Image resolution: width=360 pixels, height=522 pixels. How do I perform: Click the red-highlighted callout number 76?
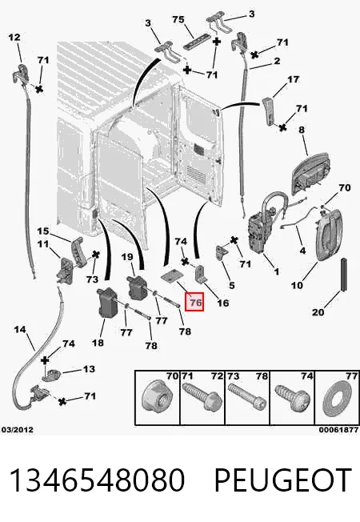(x=194, y=302)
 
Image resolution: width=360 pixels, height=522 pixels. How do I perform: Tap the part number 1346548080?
(x=97, y=480)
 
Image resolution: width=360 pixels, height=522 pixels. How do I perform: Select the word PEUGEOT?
(x=283, y=480)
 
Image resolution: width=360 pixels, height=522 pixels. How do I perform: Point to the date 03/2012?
(x=18, y=430)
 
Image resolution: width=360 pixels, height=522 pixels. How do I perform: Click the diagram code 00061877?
(x=338, y=430)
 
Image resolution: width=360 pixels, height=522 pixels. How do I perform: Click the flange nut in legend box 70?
(x=157, y=398)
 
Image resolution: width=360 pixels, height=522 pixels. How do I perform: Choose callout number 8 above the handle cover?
(x=302, y=129)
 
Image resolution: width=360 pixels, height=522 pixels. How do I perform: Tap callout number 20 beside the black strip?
(x=318, y=312)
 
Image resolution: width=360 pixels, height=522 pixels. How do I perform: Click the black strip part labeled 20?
(x=343, y=274)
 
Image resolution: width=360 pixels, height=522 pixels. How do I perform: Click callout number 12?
(x=14, y=37)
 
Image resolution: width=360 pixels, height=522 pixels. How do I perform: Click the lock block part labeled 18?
(x=107, y=302)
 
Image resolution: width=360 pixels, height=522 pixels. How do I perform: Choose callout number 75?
(x=178, y=20)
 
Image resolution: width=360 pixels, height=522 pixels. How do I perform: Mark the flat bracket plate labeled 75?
(x=198, y=42)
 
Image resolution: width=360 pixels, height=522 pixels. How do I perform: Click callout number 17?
(x=293, y=79)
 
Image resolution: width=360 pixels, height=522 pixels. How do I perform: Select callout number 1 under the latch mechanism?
(x=276, y=271)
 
